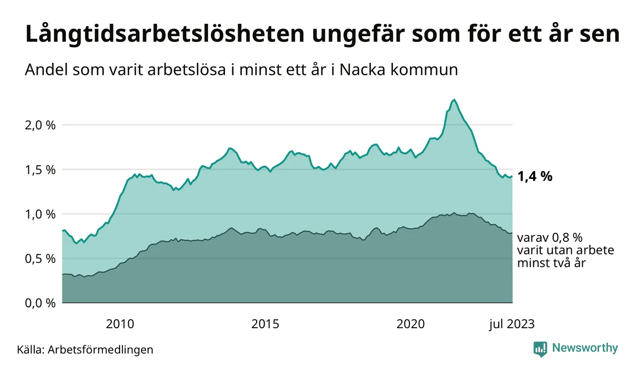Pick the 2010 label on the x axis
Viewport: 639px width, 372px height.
tap(120, 324)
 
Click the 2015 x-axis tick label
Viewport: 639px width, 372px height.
tap(266, 324)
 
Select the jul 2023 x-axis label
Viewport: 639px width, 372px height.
tap(512, 324)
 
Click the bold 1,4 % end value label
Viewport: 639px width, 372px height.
tap(535, 177)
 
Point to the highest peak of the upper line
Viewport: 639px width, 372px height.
tap(454, 100)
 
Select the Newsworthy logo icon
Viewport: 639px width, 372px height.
tap(540, 349)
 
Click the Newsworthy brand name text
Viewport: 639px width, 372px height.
tap(585, 348)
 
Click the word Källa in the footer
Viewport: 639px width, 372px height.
tap(30, 350)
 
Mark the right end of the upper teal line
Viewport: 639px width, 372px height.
tap(512, 176)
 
